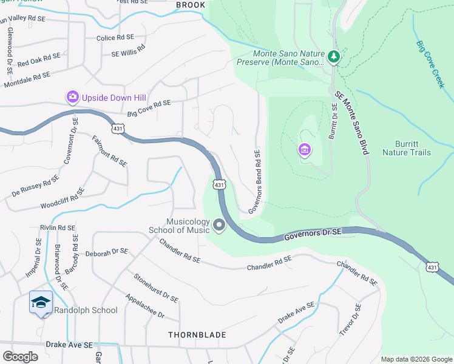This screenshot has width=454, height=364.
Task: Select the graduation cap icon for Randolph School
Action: point(41,301)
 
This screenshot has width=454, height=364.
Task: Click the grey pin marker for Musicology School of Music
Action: point(219,226)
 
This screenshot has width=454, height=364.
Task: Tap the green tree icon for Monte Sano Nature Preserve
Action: point(333,57)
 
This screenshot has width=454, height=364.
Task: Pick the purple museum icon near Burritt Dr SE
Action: point(304,149)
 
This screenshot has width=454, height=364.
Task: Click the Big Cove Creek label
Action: point(431,63)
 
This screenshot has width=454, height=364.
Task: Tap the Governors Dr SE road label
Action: point(314,232)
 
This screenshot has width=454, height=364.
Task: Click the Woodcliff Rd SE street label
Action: point(63,198)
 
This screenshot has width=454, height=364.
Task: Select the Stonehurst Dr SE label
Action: point(156,287)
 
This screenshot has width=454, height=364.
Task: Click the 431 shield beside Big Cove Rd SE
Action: point(118,128)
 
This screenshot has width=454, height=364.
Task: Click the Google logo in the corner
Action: point(21,357)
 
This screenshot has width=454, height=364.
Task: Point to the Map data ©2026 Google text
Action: point(416,359)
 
